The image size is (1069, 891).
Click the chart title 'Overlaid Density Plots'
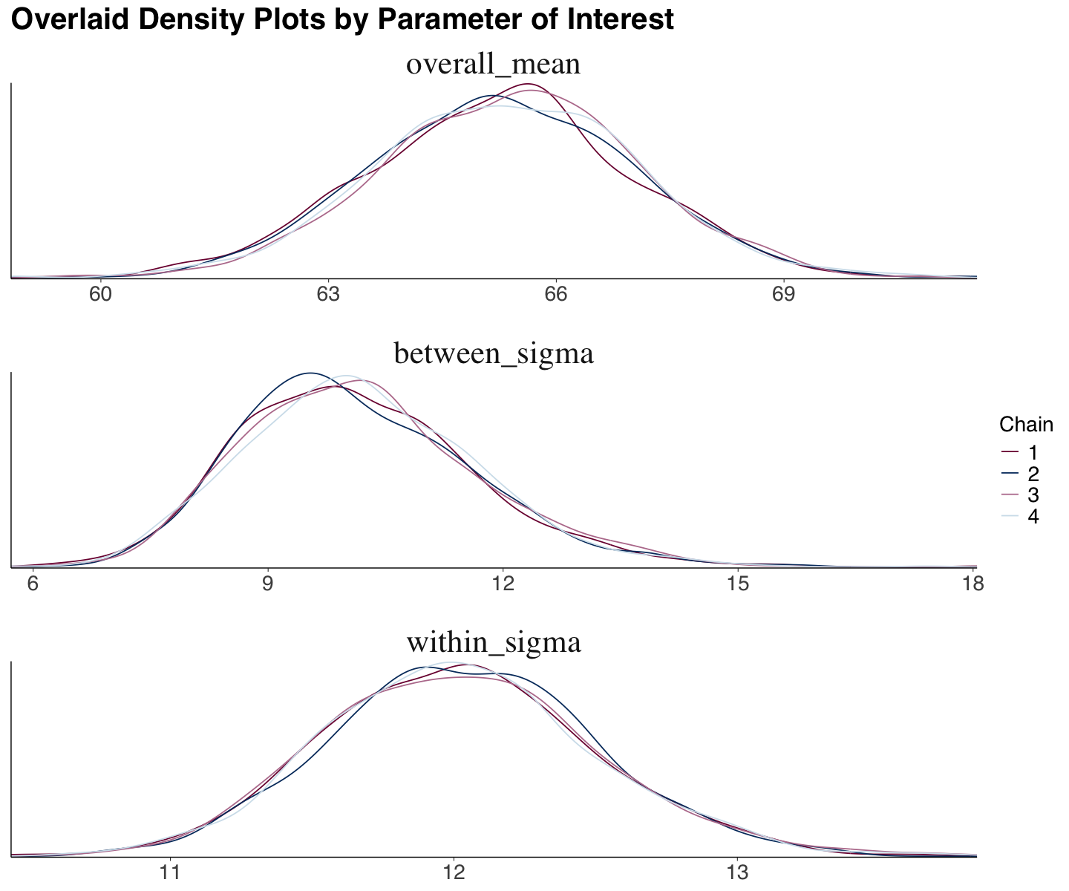[342, 20]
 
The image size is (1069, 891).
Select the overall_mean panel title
[493, 65]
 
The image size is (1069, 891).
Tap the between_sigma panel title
[493, 354]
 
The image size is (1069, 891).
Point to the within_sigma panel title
[493, 643]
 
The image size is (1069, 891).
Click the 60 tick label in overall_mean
[100, 295]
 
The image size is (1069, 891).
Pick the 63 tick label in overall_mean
[328, 295]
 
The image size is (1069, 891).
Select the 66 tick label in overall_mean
[555, 295]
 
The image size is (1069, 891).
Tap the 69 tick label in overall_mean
[783, 295]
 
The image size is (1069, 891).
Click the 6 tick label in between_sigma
[32, 584]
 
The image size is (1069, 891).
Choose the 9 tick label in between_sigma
[267, 584]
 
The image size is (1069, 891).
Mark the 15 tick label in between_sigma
[738, 584]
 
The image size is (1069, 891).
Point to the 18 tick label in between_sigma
[972, 584]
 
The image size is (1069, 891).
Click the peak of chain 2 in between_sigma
[310, 373]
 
